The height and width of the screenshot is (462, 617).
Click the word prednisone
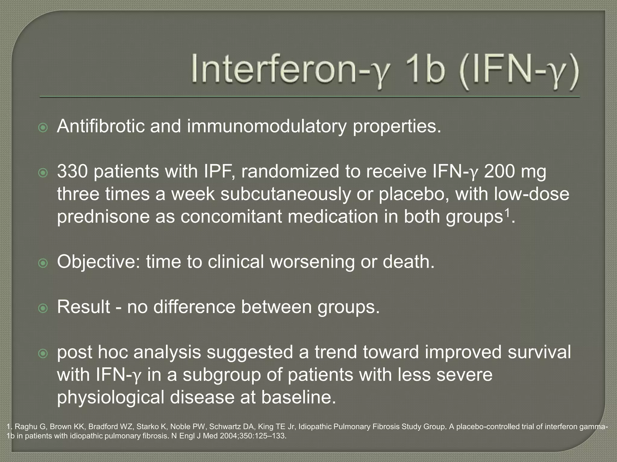coord(103,217)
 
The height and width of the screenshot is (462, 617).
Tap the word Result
coord(83,307)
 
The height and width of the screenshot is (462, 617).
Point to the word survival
coord(539,352)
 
